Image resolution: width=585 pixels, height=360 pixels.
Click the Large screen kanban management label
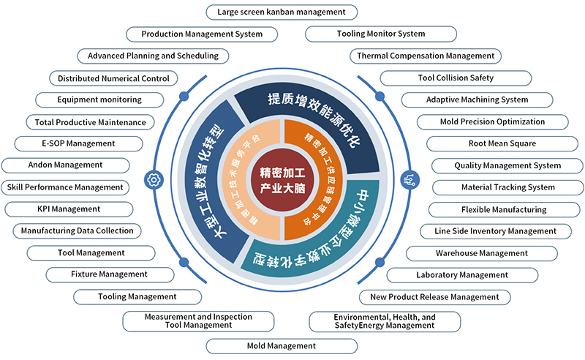[x=282, y=12]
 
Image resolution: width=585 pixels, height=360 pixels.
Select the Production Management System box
[x=202, y=34]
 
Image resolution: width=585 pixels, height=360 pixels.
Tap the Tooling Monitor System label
[x=381, y=34]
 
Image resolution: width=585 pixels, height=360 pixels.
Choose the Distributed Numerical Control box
[x=113, y=78]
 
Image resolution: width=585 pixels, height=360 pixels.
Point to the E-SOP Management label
[x=78, y=143]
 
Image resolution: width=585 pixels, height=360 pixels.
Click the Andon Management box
[x=65, y=165]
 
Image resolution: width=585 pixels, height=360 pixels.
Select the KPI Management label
[x=69, y=209]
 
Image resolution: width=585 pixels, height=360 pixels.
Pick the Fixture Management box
[x=110, y=275]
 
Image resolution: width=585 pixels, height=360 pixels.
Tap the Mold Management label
[x=282, y=346]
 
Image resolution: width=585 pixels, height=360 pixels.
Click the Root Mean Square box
[x=502, y=143]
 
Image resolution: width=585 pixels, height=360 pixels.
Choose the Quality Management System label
[x=507, y=166]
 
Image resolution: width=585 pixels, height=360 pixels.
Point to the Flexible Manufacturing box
[x=504, y=210]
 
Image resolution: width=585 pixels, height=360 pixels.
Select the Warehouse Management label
[x=482, y=254]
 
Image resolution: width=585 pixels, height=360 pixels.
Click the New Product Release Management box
[x=434, y=297]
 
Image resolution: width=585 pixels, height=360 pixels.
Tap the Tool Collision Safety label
[x=456, y=78]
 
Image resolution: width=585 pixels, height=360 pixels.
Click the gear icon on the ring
[x=154, y=179]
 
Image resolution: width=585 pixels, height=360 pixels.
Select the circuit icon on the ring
[x=409, y=179]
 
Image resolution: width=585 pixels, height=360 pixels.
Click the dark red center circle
[x=282, y=179]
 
